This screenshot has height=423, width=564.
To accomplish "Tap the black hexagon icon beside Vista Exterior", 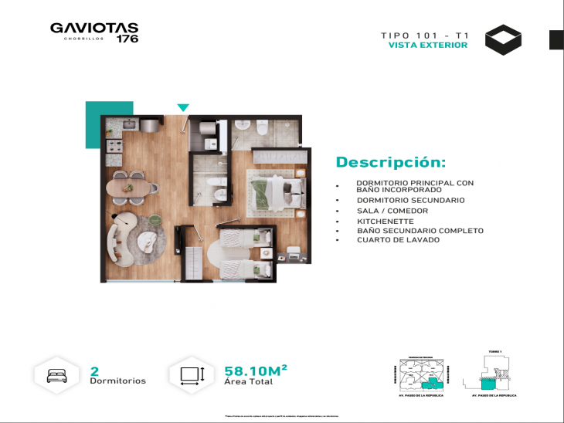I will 503,40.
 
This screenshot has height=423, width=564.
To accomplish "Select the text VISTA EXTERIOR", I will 427,46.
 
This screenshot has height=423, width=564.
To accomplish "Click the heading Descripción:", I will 390,162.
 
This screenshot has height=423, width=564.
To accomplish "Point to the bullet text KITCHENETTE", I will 379,221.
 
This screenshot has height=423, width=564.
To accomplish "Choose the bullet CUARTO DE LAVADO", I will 398,240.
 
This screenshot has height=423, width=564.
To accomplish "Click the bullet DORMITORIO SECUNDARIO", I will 410,201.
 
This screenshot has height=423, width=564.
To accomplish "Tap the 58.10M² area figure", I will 256,371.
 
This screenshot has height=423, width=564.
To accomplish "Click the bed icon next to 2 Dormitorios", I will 58,375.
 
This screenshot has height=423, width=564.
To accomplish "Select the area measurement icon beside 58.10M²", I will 192,375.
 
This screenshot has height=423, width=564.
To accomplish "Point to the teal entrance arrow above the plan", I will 183,107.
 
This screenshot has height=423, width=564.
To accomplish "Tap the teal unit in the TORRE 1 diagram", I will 488,381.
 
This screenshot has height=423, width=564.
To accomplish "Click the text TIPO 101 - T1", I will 424,35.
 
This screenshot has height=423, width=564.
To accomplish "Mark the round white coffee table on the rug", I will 148,242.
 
